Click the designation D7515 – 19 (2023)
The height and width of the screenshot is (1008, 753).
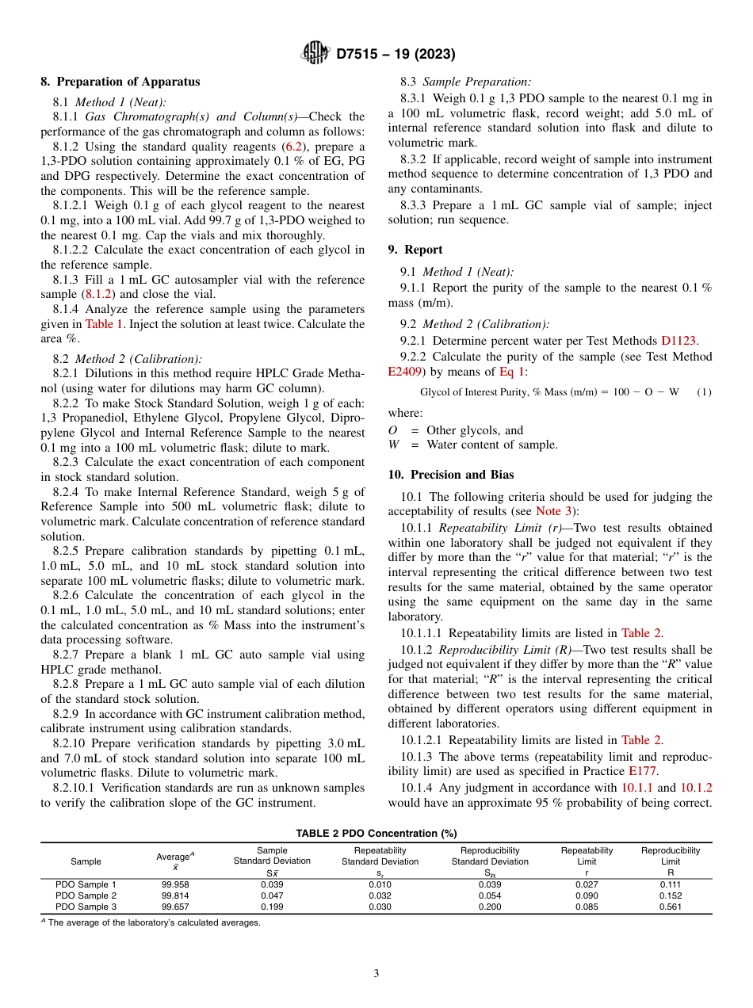396,55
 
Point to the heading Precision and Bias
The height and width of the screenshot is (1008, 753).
451,475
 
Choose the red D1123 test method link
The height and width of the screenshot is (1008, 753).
678,340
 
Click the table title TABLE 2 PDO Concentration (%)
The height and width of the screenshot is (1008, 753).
376,834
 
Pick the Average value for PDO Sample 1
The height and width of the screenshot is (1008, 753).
175,884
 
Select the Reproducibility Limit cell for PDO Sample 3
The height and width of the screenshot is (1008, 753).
670,907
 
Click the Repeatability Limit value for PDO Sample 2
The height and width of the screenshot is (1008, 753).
587,895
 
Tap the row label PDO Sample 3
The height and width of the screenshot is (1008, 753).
86,907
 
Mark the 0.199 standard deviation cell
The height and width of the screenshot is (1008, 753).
272,907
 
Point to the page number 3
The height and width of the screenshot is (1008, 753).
376,974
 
